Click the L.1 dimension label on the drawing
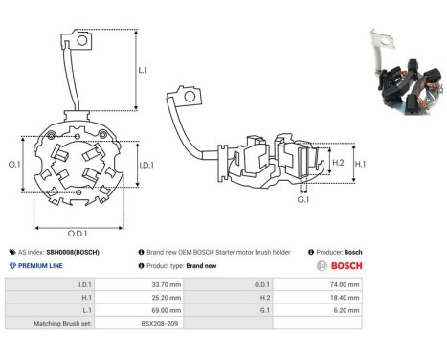[x=143, y=70]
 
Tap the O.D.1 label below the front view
[x=78, y=234]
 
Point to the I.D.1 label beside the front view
[x=146, y=165]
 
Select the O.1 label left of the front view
[x=14, y=165]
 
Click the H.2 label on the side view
[x=338, y=163]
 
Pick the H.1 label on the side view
[x=360, y=164]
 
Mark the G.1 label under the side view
[x=303, y=200]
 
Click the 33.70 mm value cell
[x=167, y=284]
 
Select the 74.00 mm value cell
[x=345, y=284]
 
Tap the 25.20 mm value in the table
[x=167, y=298]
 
